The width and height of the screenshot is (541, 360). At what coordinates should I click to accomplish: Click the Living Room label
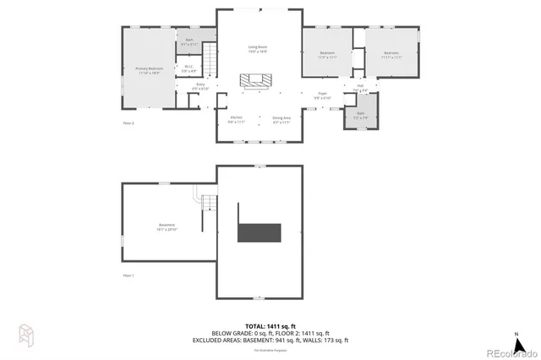point(258,49)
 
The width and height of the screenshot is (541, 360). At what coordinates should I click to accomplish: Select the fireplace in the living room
point(256,81)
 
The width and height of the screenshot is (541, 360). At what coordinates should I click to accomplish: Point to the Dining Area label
point(281,119)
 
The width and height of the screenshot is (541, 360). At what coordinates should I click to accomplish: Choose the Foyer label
point(322,95)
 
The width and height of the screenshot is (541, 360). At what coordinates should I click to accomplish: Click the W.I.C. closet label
point(189,69)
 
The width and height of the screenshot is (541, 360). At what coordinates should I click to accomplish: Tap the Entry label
point(200,87)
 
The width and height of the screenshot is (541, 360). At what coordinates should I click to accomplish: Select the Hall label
point(359,87)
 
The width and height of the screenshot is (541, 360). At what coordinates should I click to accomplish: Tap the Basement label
point(166,226)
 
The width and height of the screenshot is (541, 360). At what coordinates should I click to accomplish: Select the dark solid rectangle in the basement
point(259,232)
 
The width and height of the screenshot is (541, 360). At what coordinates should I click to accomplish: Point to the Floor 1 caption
point(129,275)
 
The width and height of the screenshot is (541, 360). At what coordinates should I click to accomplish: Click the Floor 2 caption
point(129,123)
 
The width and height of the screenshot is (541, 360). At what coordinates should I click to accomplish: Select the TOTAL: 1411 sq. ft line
point(270,325)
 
